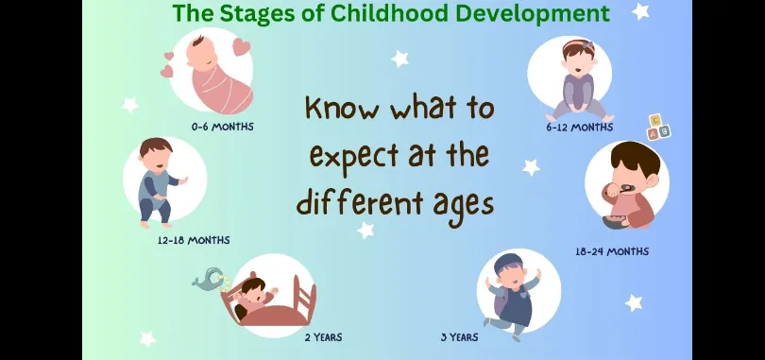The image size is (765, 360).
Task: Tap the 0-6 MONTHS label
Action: click(223, 127)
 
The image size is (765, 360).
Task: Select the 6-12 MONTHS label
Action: click(580, 128)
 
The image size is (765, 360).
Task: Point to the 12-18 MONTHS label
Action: click(194, 241)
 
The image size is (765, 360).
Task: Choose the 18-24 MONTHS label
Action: click(612, 251)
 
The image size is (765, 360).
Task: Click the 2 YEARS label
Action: click(323, 337)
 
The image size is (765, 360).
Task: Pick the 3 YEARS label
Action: click(459, 337)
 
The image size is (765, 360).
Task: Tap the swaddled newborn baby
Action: click(218, 74)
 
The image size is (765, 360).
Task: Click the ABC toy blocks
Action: click(658, 128)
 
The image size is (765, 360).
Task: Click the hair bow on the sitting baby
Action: click(587, 46)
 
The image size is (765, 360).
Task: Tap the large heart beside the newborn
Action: click(241, 47)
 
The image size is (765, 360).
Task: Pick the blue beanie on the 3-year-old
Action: click(507, 264)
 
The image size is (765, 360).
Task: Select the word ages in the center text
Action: click(464, 204)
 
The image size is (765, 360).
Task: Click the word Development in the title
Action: click(531, 14)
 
